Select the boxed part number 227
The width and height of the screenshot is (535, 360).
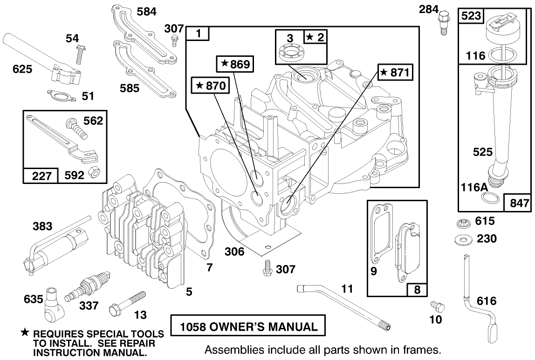point(41,175)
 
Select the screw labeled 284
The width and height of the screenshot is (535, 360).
point(442,20)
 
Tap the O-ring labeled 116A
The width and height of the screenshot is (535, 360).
point(488,199)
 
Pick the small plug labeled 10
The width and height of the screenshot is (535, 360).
point(438,306)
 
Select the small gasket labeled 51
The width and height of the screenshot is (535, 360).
point(62,95)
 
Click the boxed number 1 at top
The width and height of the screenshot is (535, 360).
point(198,34)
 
